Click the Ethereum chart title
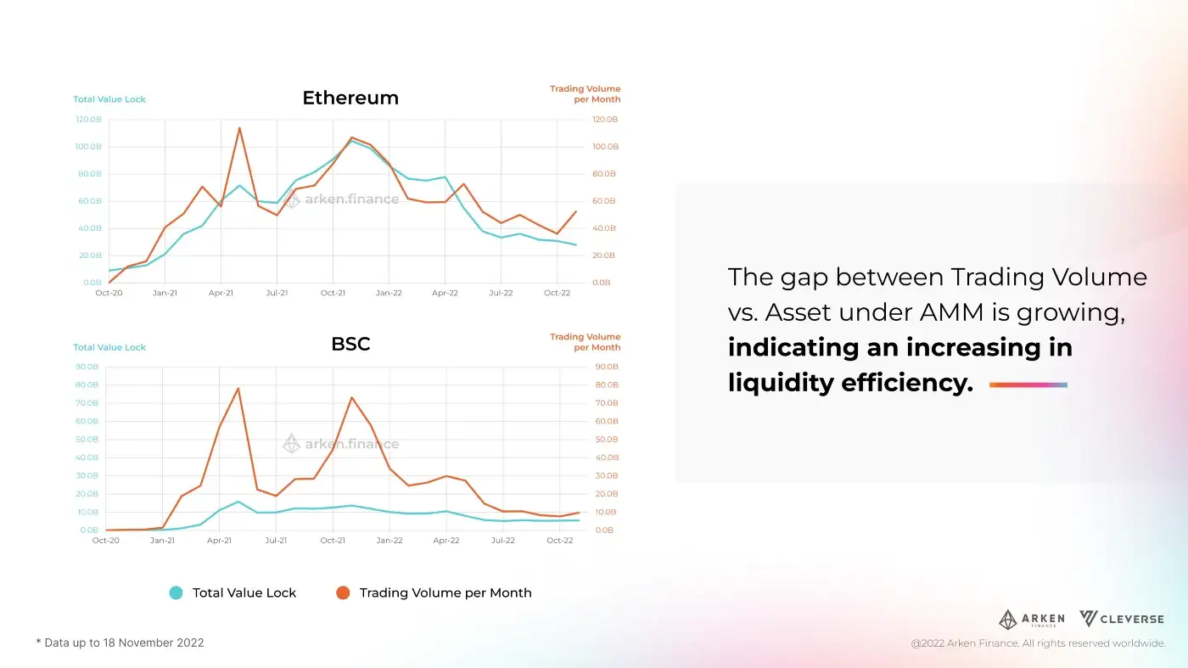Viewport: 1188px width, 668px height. click(x=350, y=98)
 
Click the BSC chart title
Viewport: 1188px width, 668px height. click(x=350, y=345)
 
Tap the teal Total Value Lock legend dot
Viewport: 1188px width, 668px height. click(x=176, y=593)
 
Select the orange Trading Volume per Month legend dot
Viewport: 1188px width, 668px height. click(x=343, y=593)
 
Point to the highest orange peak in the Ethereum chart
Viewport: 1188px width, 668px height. click(x=239, y=128)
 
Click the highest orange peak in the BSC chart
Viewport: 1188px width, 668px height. click(x=238, y=388)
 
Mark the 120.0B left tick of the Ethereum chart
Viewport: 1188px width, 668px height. click(x=87, y=120)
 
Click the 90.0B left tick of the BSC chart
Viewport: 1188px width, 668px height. click(x=87, y=367)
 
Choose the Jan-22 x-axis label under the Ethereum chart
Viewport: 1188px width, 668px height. click(x=389, y=294)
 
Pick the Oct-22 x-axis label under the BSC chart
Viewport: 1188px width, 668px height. click(x=560, y=540)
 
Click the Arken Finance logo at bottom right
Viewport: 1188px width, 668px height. click(x=1031, y=620)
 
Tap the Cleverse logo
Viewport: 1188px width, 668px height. click(x=1121, y=619)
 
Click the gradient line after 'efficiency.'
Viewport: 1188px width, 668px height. click(x=1028, y=385)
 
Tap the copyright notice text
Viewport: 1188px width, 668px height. click(x=1038, y=644)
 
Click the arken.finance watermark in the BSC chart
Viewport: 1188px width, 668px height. click(x=340, y=444)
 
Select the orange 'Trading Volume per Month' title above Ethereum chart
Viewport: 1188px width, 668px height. click(x=585, y=93)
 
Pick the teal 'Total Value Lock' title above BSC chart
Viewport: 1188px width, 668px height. click(x=109, y=347)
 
